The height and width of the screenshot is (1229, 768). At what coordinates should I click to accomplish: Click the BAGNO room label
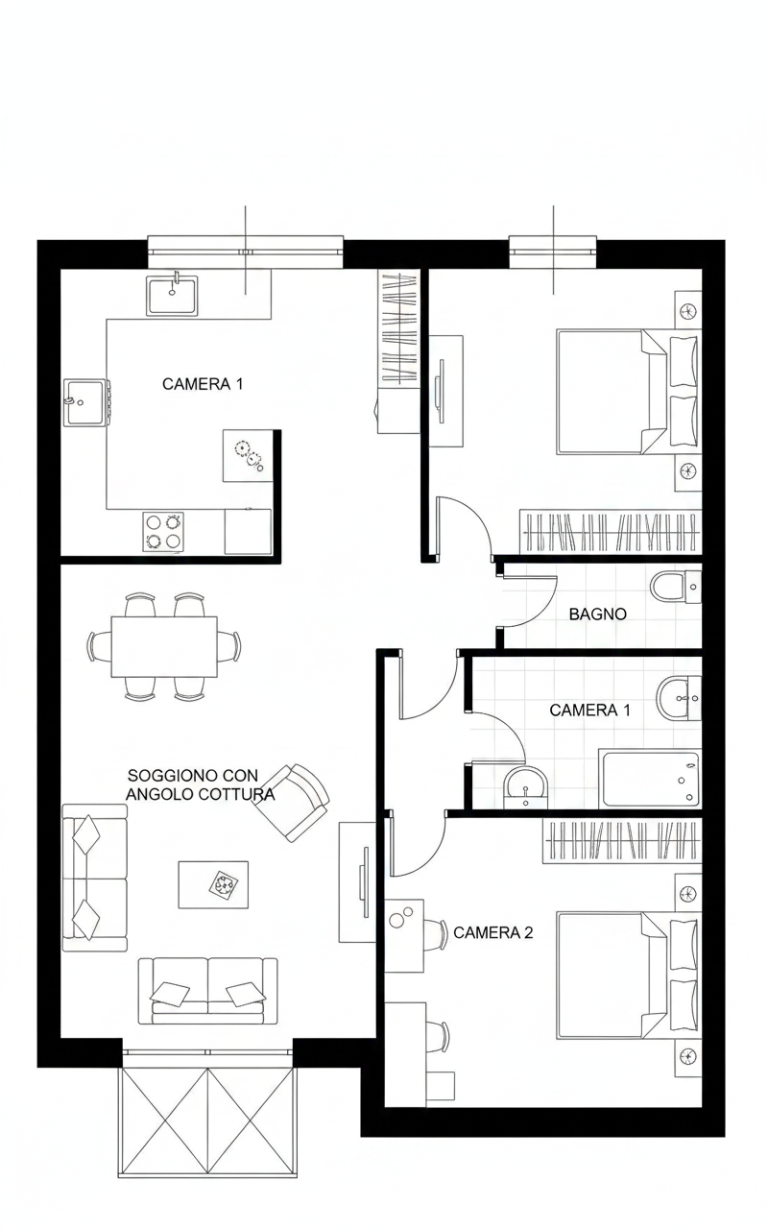[597, 614]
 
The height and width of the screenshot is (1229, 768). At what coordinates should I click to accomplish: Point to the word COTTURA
[239, 794]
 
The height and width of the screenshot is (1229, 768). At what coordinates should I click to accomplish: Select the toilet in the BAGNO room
[676, 587]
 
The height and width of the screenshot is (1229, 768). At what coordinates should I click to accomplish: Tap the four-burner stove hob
[163, 532]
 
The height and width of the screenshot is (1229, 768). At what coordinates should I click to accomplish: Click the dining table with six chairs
[164, 647]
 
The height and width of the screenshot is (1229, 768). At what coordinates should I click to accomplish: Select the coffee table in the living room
[213, 884]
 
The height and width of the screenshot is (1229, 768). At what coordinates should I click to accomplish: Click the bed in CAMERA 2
[629, 976]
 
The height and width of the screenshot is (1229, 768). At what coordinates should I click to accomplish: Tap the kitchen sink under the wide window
[172, 296]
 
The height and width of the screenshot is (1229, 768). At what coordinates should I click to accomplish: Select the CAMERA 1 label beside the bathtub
[589, 711]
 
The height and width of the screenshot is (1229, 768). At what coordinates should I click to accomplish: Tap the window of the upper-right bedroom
[553, 252]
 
